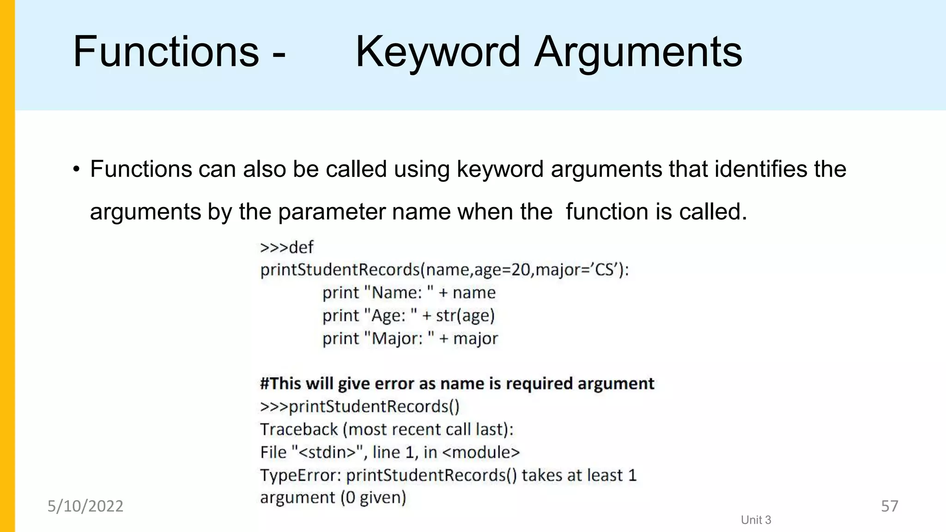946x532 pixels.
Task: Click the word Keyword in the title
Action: pyautogui.click(x=437, y=52)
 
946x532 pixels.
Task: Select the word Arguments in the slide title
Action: pyautogui.click(x=638, y=52)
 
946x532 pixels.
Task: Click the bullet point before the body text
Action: pyautogui.click(x=77, y=169)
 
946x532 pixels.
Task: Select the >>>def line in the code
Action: pyautogui.click(x=287, y=248)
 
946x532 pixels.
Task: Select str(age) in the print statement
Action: pyautogui.click(x=465, y=316)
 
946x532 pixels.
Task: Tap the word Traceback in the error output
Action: pyautogui.click(x=299, y=429)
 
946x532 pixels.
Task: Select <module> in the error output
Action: pyautogui.click(x=481, y=452)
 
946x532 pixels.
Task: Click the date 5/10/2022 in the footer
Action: pyautogui.click(x=85, y=507)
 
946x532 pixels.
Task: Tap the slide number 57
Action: pyautogui.click(x=890, y=507)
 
